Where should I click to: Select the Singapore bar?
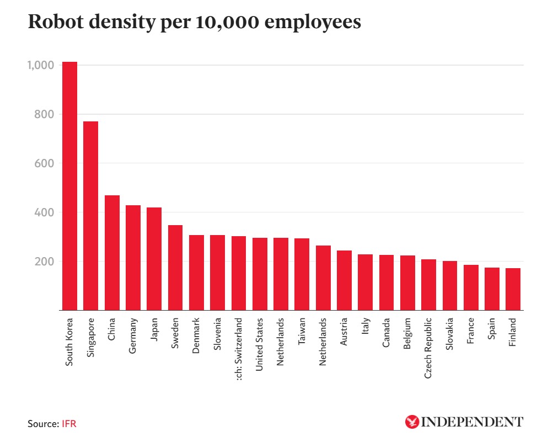coord(90,216)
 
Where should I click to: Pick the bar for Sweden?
coord(175,268)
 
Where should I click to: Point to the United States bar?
coord(260,274)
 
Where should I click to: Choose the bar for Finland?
coord(513,289)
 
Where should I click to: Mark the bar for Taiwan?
coord(302,274)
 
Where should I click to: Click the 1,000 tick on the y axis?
coord(40,65)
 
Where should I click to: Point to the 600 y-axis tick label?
coord(44,163)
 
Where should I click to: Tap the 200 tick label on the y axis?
coord(44,262)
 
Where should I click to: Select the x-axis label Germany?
coord(133,335)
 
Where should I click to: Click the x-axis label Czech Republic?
coord(428,348)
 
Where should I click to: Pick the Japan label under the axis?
coord(154,331)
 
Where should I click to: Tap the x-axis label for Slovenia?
coord(217,334)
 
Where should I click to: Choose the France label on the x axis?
coord(470,332)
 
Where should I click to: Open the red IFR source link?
coord(69,424)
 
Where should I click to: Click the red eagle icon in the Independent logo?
coord(412,422)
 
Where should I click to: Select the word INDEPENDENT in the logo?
coord(472,422)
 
